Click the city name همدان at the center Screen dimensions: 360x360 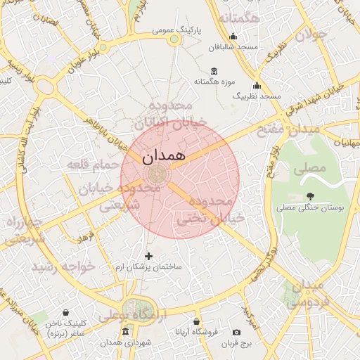163,156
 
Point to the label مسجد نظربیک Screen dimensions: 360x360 257,95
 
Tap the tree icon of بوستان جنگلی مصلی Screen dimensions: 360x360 310,196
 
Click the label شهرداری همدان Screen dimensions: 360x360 125,342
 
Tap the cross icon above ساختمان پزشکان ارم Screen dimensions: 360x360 148,256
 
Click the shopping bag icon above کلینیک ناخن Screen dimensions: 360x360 65,313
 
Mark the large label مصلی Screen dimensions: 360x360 313,168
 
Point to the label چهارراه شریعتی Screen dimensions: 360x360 24,231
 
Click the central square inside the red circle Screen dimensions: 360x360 157,174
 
